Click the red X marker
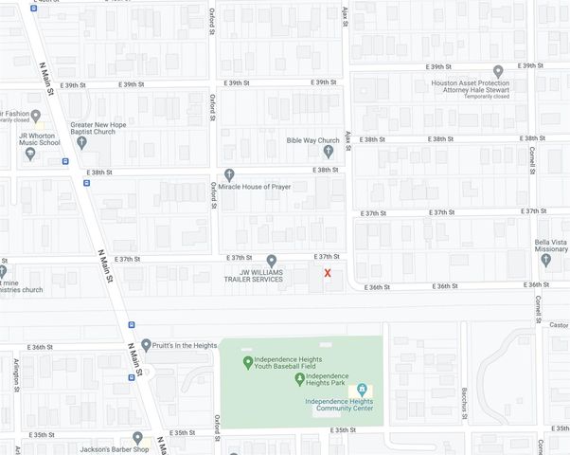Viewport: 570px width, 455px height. tap(328, 273)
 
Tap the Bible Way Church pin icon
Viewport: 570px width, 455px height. tap(329, 151)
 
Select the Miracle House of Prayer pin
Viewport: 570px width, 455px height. tap(229, 174)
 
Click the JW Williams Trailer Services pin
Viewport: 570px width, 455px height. tap(271, 261)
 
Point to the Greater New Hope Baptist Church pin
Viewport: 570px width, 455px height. tap(81, 142)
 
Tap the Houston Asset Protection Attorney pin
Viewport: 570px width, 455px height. tap(498, 71)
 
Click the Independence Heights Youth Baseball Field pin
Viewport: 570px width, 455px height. tap(248, 361)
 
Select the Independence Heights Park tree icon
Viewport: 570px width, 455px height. tap(299, 379)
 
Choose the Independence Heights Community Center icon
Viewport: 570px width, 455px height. tap(361, 390)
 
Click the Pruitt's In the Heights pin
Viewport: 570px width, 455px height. tap(146, 345)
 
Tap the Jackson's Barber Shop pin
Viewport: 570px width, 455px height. tap(137, 438)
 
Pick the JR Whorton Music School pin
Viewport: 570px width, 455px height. tap(30, 154)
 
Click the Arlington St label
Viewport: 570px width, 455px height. tap(16, 374)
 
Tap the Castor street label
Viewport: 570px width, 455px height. tap(559, 324)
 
